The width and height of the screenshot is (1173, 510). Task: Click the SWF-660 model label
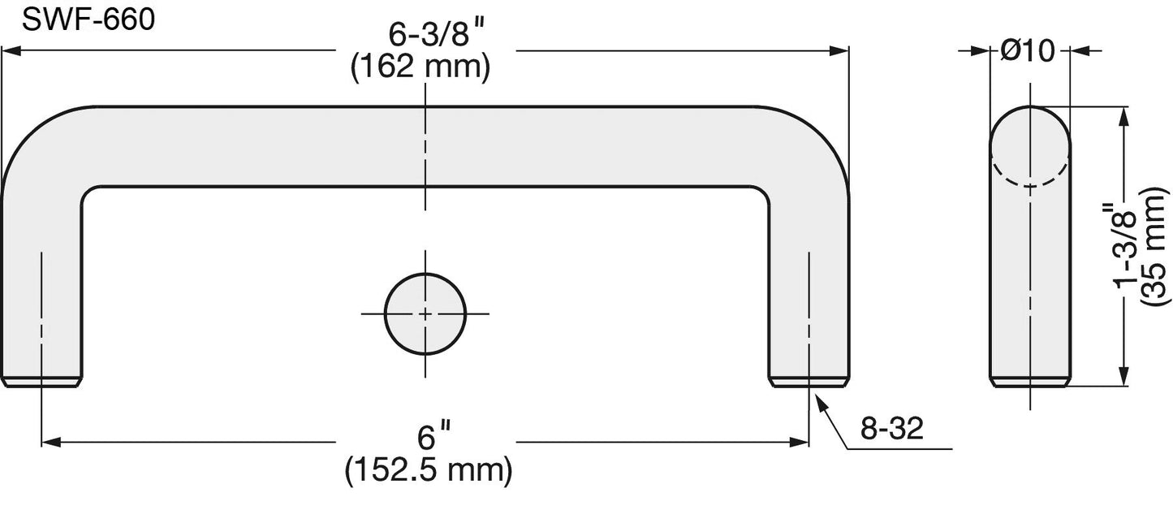[x=88, y=20]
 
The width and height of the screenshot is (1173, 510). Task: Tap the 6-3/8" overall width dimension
[x=434, y=35]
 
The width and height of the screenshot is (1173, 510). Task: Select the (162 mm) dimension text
[x=420, y=67]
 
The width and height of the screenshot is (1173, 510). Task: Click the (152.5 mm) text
[x=429, y=469]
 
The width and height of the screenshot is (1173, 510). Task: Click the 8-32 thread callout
[x=892, y=428]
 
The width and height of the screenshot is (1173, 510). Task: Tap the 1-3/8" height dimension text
[x=1125, y=246]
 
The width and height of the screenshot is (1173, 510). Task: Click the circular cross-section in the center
[x=425, y=313]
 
